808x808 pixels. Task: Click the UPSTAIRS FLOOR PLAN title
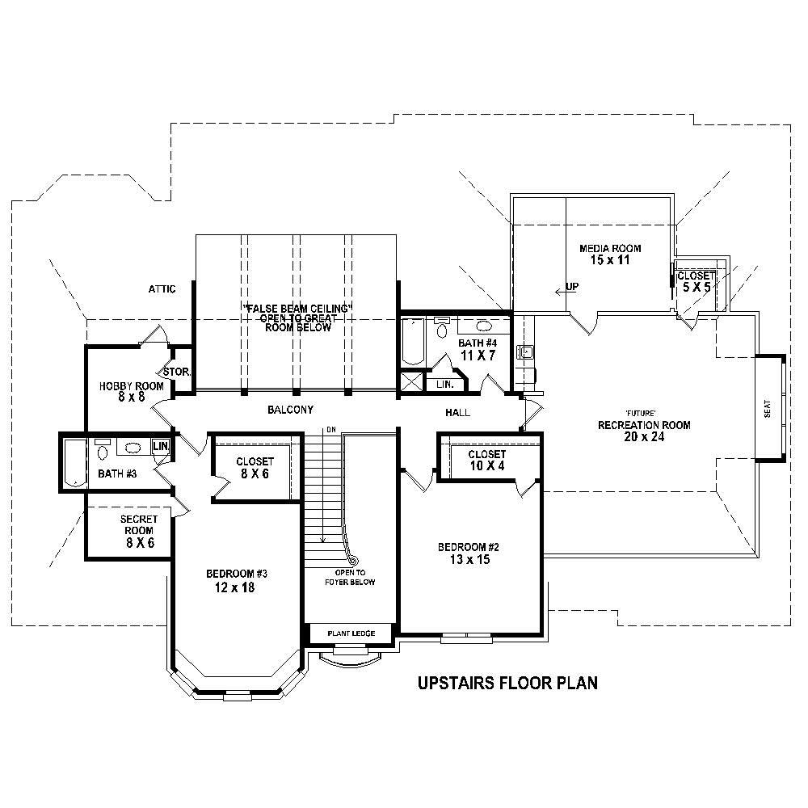pos(507,684)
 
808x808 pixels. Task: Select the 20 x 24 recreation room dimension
pos(643,438)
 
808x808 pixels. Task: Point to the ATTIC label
pos(162,288)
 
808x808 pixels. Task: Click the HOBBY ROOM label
pos(132,386)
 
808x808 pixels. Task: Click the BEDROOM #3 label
pos(237,574)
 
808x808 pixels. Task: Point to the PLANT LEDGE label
pos(351,633)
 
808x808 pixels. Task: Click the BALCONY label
pos(290,410)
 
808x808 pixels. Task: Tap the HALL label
pos(457,413)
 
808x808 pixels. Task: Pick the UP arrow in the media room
pos(566,288)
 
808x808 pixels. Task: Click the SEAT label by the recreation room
pos(768,409)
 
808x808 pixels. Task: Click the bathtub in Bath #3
pos(75,465)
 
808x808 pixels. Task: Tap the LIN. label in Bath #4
pos(444,385)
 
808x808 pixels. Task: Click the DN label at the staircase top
pos(330,429)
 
